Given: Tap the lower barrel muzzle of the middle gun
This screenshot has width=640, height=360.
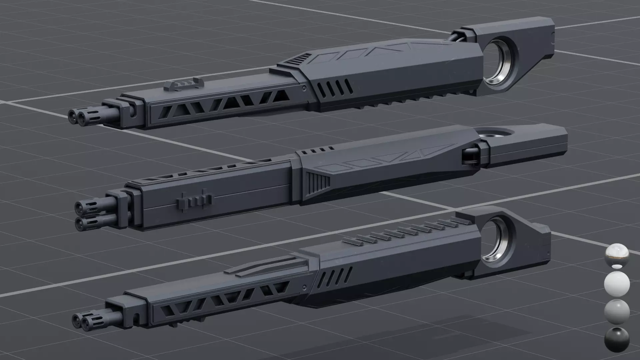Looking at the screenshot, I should (81, 224).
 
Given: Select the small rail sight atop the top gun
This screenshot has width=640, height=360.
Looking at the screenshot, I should (182, 85).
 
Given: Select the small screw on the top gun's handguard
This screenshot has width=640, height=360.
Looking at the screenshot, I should (304, 88).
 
